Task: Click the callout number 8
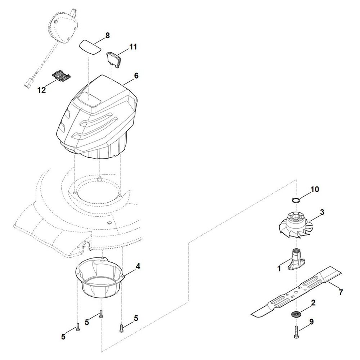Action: coord(107,36)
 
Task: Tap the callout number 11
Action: coord(133,47)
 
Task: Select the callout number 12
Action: coord(42,90)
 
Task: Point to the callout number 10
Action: coord(315,189)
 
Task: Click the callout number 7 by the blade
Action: coord(341,292)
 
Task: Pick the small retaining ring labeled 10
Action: coord(296,200)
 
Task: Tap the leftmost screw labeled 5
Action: coord(78,327)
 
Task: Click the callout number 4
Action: coord(138,266)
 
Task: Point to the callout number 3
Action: coord(322,212)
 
